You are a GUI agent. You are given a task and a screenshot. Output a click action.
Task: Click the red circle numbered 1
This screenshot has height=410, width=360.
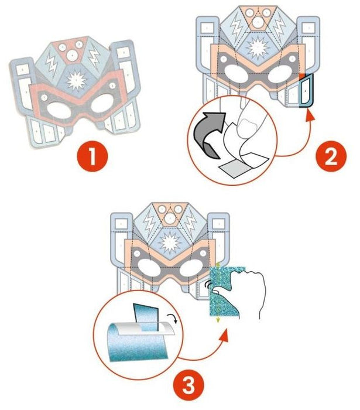pyautogui.click(x=92, y=156)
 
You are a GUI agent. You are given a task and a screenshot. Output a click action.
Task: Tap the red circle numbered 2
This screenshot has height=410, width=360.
pyautogui.click(x=331, y=156)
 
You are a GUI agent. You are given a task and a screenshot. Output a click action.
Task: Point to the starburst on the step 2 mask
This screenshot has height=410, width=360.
pyautogui.click(x=258, y=48)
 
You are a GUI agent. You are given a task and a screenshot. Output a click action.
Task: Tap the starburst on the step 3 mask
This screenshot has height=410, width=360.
pyautogui.click(x=170, y=243)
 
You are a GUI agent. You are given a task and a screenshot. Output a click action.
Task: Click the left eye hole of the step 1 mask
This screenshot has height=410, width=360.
pyautogui.click(x=60, y=110)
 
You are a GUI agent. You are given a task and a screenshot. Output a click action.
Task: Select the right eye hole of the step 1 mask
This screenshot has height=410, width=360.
pyautogui.click(x=102, y=103)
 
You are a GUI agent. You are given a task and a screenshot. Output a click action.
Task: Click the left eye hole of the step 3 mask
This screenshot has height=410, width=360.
pyautogui.click(x=149, y=268)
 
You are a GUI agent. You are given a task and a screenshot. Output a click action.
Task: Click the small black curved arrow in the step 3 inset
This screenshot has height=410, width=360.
pyautogui.click(x=173, y=319)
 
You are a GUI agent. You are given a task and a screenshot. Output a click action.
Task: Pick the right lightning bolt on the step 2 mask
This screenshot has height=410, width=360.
pyautogui.click(x=279, y=27)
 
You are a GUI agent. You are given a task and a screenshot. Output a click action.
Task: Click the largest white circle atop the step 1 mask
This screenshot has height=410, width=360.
pyautogui.click(x=71, y=56)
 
